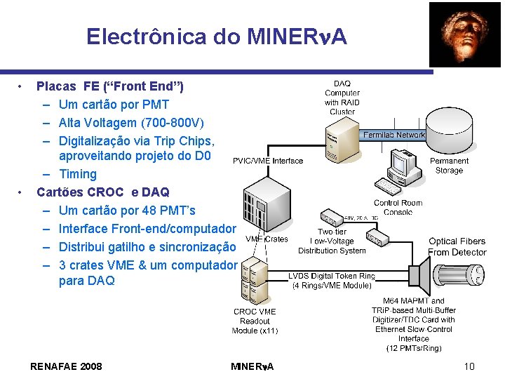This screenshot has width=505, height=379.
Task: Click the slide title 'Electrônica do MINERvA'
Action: pos(217,36)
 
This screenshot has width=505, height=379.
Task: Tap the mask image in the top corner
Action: pos(465,34)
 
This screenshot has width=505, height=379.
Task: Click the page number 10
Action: pos(469,366)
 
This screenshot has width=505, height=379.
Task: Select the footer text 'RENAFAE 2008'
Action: pos(67,366)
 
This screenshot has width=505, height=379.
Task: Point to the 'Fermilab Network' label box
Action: pos(394,135)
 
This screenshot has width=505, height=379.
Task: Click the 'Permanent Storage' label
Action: pos(449,165)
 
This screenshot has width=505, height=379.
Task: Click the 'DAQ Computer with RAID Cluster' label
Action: pos(342,98)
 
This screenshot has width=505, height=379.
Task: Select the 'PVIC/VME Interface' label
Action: pos(268,161)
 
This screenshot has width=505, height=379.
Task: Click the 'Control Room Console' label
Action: pos(398,207)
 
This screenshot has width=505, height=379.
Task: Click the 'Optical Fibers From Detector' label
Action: pos(457,246)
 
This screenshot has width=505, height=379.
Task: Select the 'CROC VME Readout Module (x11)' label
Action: pos(255,321)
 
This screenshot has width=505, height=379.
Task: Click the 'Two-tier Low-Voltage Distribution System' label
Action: pos(332,241)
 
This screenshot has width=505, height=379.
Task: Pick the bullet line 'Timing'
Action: pos(78,174)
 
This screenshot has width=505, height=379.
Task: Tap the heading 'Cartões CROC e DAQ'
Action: pos(103,192)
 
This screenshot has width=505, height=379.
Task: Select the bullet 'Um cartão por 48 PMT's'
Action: pos(127,211)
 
